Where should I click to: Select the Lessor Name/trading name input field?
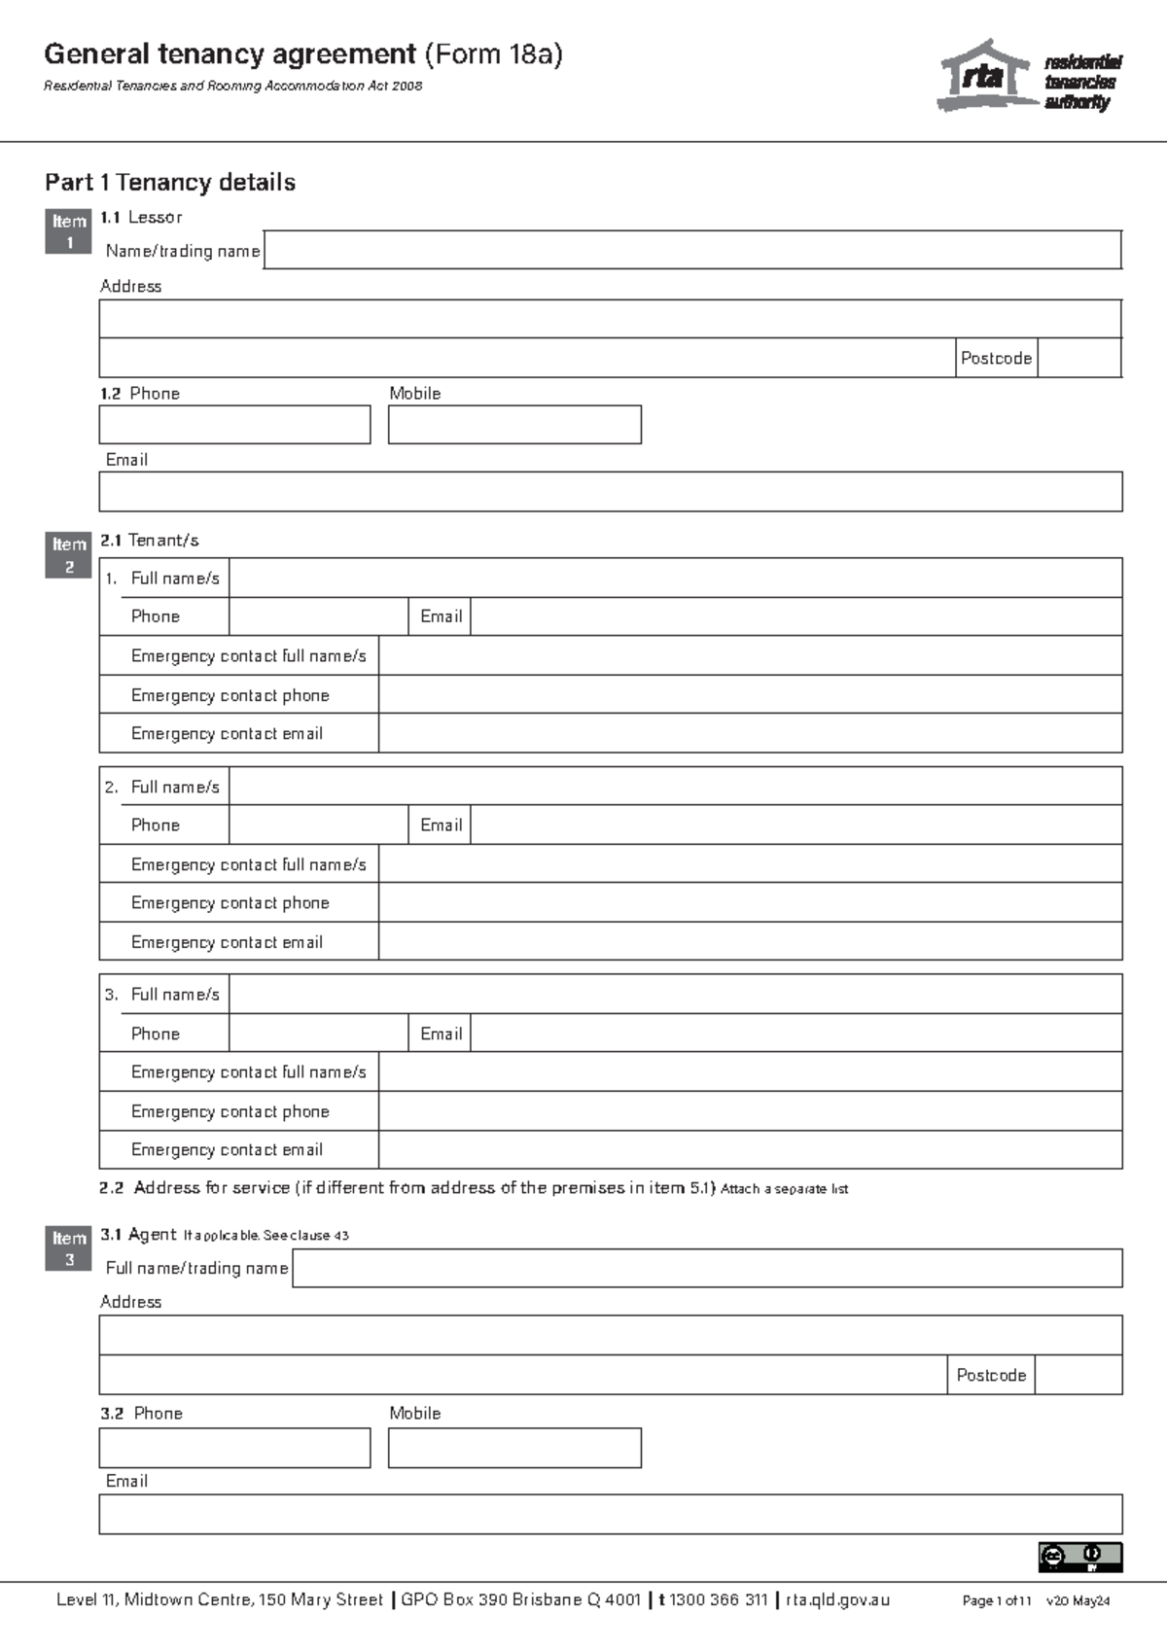click(x=691, y=250)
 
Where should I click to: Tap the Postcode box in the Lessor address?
click(x=1079, y=358)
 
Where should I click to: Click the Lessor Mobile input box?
click(x=514, y=425)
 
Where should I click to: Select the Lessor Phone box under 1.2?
click(x=234, y=425)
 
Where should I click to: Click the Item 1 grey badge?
click(x=68, y=231)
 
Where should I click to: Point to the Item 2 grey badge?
click(x=68, y=555)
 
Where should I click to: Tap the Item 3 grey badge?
click(x=68, y=1248)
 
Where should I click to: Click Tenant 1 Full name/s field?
click(x=675, y=578)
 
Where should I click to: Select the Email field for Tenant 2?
click(x=796, y=824)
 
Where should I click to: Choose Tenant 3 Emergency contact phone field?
click(x=750, y=1110)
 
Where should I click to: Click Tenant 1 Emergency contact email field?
click(x=750, y=733)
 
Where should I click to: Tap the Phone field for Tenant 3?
click(x=318, y=1033)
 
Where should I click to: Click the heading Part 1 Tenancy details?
click(x=170, y=182)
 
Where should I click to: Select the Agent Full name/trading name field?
click(x=707, y=1268)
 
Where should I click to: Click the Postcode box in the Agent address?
click(x=1078, y=1375)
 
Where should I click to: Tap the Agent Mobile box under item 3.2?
click(x=514, y=1448)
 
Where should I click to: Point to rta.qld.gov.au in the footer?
click(x=837, y=1599)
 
